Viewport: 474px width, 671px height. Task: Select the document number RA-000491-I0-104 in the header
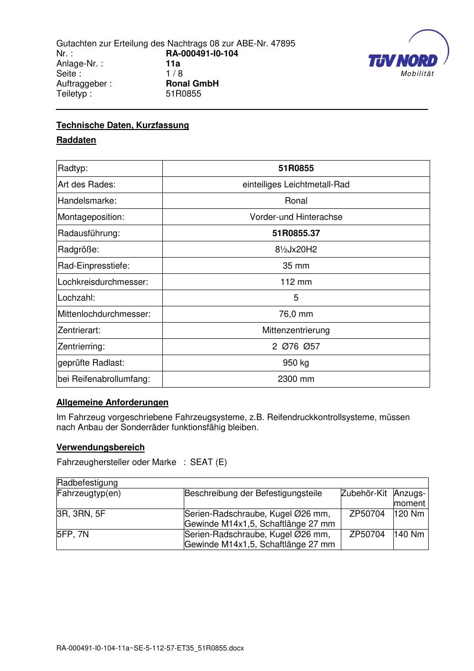click(x=202, y=54)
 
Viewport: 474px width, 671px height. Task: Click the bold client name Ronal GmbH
click(x=192, y=84)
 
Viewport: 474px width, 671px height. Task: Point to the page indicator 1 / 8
click(x=174, y=74)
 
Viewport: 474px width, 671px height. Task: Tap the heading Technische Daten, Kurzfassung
click(x=123, y=125)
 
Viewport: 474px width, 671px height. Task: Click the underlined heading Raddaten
click(x=76, y=140)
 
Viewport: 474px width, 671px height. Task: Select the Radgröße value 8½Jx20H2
click(x=296, y=249)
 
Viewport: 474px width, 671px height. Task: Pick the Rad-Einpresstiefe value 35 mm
click(x=296, y=266)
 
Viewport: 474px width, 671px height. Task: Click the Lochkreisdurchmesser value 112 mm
click(x=296, y=282)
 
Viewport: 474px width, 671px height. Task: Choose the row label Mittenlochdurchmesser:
click(x=104, y=314)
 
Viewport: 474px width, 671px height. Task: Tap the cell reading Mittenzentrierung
click(x=296, y=330)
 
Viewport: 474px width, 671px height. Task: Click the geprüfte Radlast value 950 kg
click(x=296, y=363)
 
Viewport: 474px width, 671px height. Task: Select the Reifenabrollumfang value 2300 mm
click(x=296, y=379)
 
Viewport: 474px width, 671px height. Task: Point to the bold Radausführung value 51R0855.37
click(x=296, y=233)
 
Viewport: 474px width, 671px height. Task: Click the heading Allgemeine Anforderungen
click(x=113, y=402)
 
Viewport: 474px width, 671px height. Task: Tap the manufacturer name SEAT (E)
click(x=209, y=462)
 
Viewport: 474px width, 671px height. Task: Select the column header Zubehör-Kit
click(x=364, y=493)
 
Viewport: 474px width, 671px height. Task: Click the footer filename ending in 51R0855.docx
click(x=150, y=648)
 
